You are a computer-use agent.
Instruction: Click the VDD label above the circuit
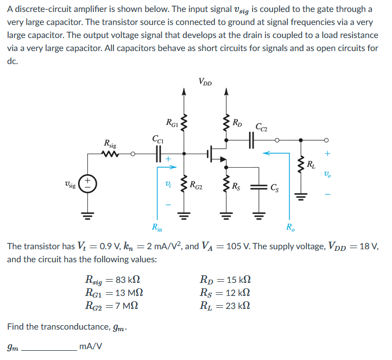[x=205, y=83]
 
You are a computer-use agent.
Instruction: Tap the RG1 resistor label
[x=173, y=123]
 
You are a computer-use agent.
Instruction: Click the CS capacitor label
[x=276, y=188]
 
